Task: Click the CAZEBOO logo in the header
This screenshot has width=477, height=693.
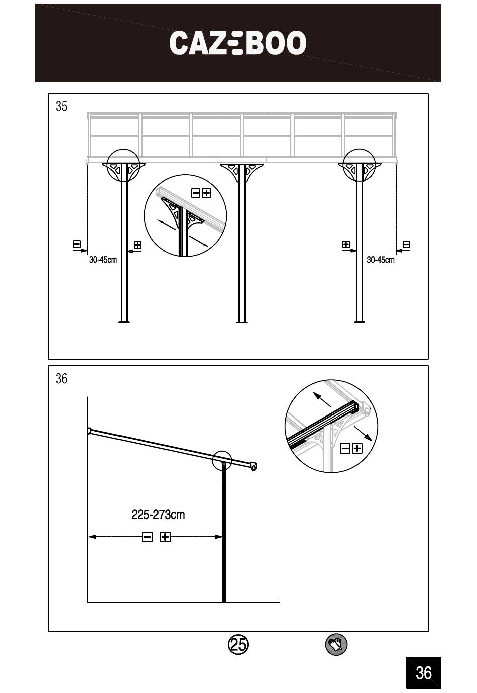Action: [237, 43]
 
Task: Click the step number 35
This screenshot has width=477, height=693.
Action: [61, 106]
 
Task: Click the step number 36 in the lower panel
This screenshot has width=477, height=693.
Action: [61, 378]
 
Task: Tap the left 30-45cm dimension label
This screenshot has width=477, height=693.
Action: [103, 260]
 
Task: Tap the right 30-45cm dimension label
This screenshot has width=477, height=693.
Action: [380, 260]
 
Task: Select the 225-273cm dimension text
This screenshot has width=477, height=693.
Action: [158, 515]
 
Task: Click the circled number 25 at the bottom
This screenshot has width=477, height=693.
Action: [238, 644]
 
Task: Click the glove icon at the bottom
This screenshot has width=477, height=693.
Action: [336, 644]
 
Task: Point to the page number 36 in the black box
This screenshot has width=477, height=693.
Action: [423, 672]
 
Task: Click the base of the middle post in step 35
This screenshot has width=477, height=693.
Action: [242, 320]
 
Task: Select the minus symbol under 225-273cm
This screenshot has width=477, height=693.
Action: [147, 537]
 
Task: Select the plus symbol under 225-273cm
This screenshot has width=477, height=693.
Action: [165, 537]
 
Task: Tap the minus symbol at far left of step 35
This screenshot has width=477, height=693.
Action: [77, 245]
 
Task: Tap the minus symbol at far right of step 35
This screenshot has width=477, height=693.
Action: [407, 245]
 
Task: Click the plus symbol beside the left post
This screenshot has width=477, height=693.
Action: [137, 245]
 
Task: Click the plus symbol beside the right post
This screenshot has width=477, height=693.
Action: [346, 245]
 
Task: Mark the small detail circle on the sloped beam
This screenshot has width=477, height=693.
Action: [222, 460]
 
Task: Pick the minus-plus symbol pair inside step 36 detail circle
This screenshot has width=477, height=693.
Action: [351, 448]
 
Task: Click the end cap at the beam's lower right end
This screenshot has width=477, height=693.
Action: [253, 467]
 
